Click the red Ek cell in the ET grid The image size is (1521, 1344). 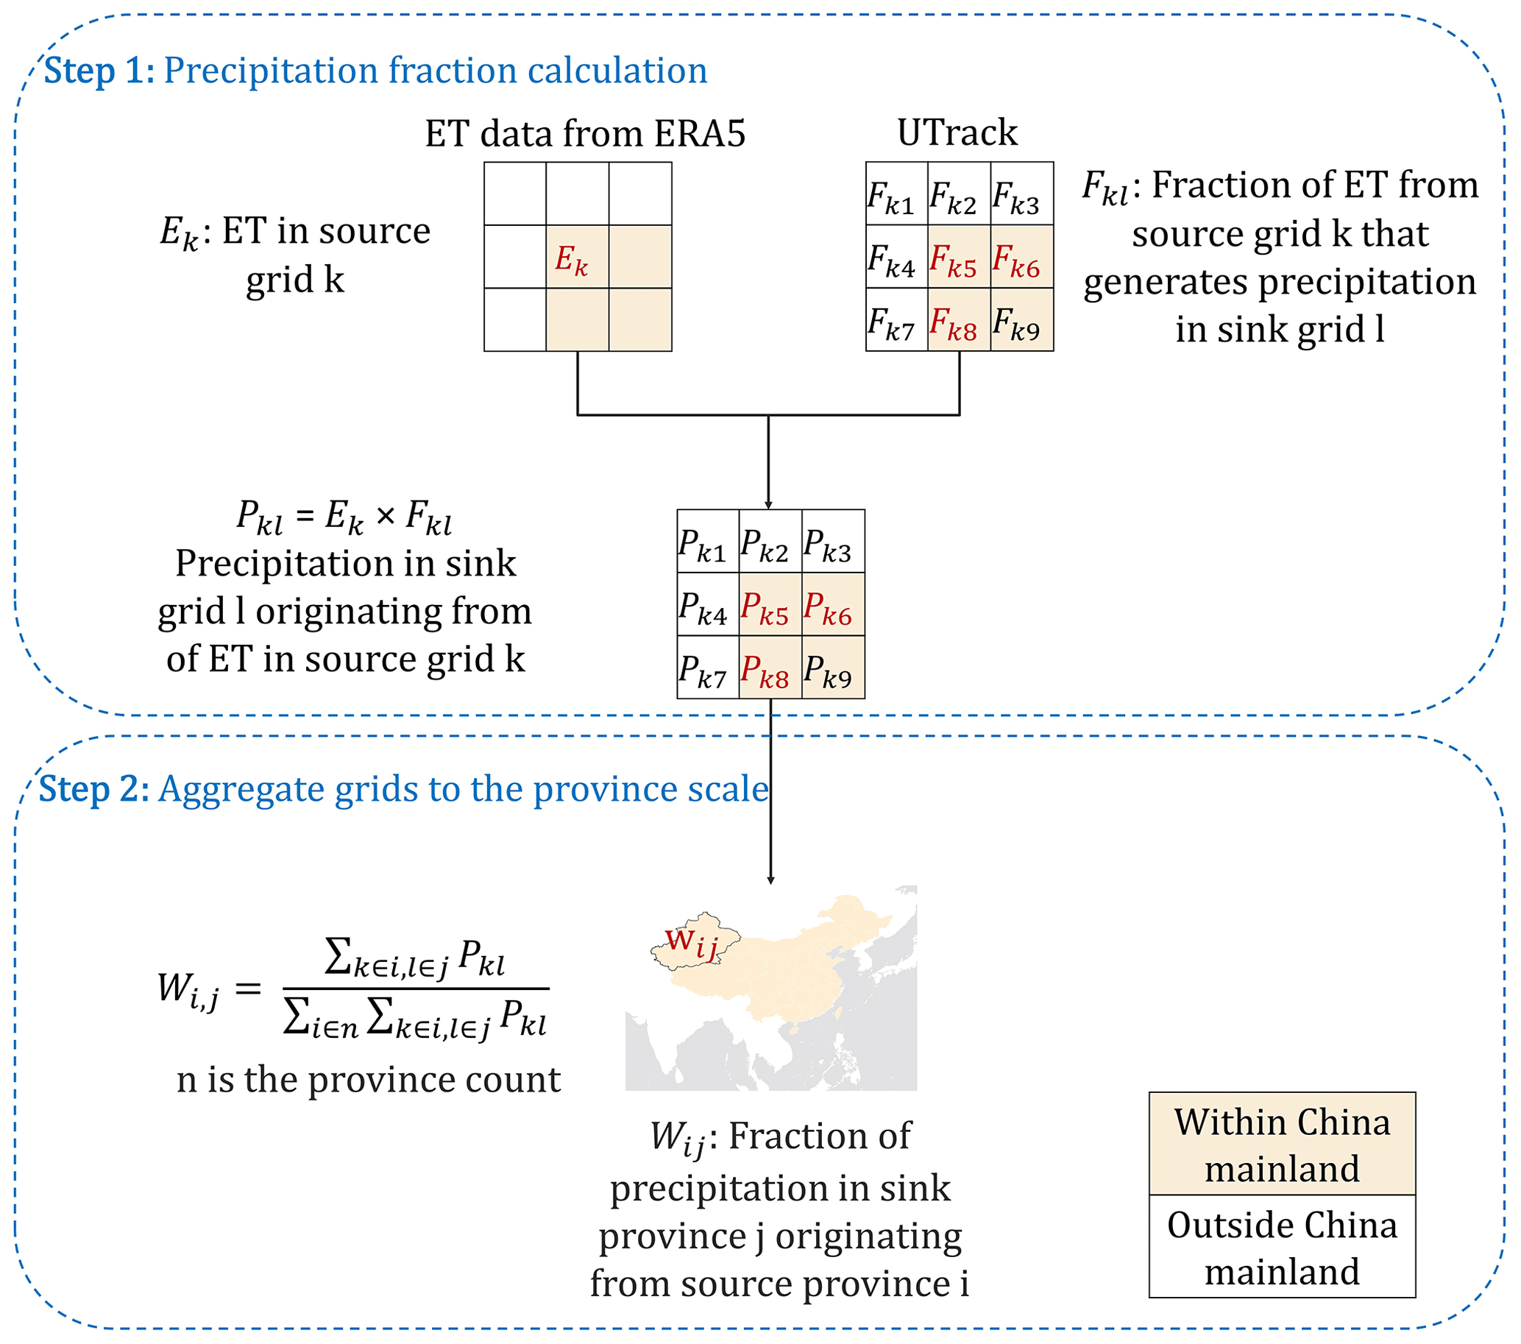tap(577, 257)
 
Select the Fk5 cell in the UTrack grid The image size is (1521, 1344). tap(958, 257)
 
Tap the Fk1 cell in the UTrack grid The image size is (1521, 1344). tap(896, 194)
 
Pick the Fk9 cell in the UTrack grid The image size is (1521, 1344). tap(1021, 320)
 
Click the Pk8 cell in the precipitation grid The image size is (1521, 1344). tap(770, 668)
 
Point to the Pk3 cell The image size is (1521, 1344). tap(833, 542)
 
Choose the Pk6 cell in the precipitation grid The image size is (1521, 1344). tap(833, 604)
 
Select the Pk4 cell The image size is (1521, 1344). tap(707, 604)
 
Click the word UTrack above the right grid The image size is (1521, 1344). tap(957, 132)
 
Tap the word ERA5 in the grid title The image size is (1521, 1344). tap(699, 134)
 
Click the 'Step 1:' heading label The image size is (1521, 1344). tap(99, 71)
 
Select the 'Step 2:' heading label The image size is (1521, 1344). tap(93, 789)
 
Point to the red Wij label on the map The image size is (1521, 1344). tap(690, 942)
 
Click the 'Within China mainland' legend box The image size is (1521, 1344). tap(1281, 1144)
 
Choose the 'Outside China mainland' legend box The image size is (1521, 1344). tap(1281, 1248)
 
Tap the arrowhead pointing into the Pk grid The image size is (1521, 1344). tap(768, 505)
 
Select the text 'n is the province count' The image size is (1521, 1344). tap(369, 1080)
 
